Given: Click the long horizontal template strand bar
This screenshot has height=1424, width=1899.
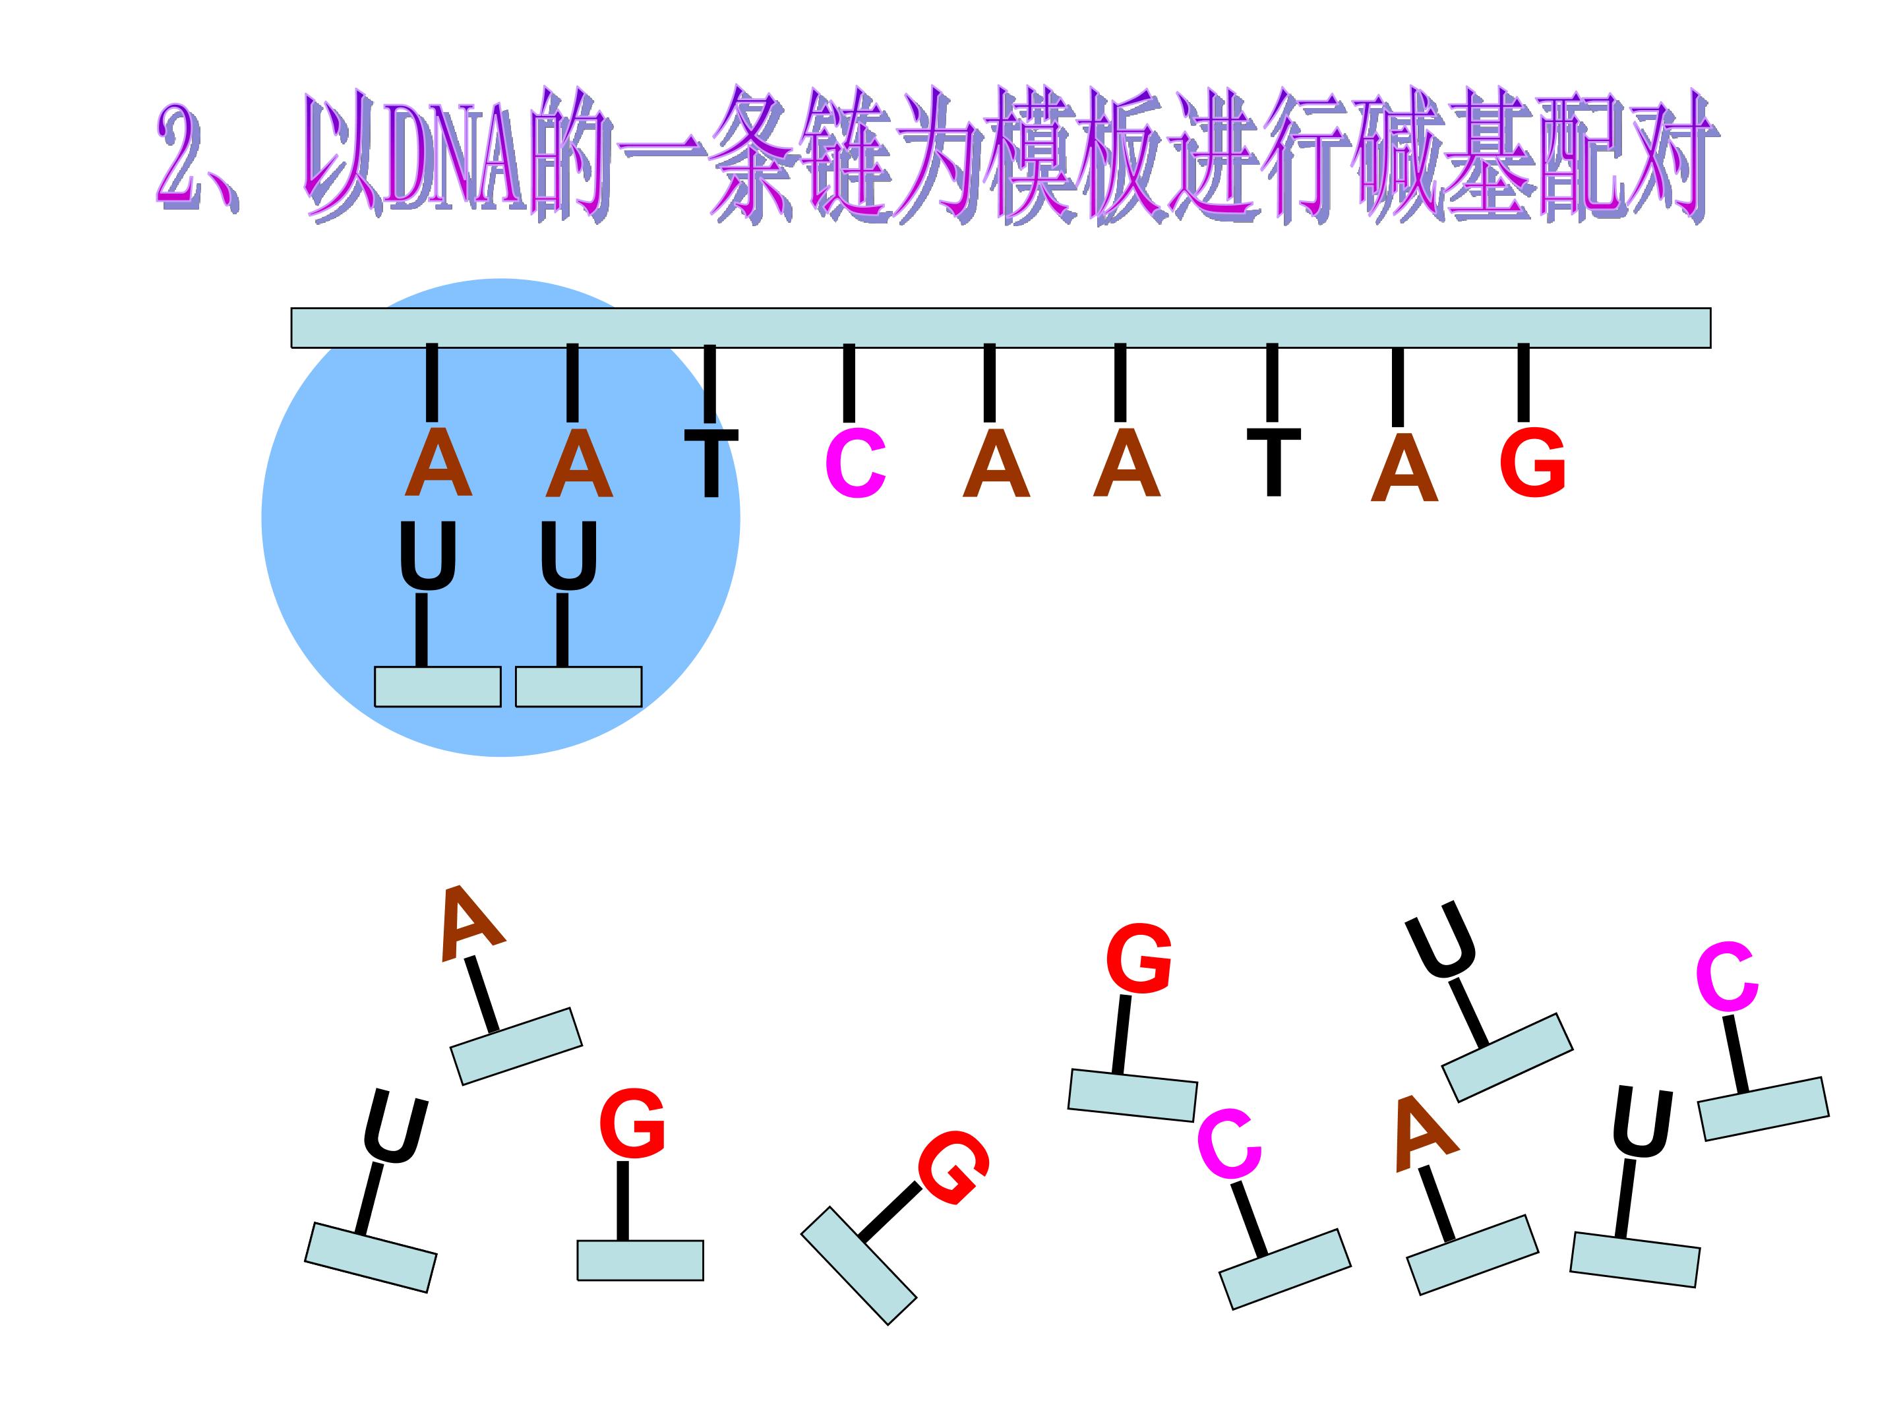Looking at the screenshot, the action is (x=1001, y=328).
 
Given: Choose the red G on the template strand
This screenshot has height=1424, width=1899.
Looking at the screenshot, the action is (x=1532, y=463).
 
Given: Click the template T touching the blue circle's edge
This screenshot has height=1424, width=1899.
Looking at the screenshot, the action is (x=711, y=463).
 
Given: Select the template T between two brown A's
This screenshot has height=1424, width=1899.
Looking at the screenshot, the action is (x=1273, y=461).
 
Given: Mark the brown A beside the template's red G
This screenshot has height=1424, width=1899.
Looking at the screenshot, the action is (x=1404, y=468).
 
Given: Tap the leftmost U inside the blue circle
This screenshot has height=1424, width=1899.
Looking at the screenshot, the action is (x=427, y=556).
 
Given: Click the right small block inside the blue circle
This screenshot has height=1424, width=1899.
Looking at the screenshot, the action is (x=579, y=687).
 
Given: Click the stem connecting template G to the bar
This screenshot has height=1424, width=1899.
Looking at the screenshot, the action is (x=1524, y=383).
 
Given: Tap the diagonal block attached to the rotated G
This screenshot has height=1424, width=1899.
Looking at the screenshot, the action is (x=859, y=1265).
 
